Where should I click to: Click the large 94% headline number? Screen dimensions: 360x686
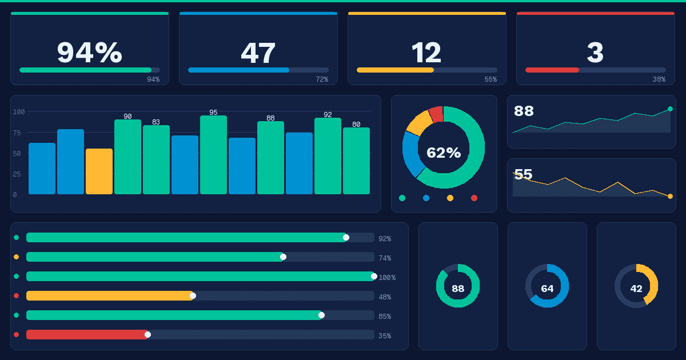89,53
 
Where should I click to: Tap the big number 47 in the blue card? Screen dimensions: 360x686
258,53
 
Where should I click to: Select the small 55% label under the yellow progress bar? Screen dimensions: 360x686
490,79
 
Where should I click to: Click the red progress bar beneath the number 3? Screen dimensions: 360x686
552,70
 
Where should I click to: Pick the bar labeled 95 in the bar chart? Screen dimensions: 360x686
213,154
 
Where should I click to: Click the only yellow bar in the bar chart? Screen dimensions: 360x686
99,171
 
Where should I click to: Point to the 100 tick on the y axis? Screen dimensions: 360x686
19,111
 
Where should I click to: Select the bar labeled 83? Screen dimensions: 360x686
156,160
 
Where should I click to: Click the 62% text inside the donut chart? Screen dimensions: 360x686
444,153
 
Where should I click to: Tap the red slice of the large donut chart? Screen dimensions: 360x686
436,114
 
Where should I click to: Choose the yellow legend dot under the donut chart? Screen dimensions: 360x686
450,198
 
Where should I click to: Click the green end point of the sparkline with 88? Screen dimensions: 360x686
670,109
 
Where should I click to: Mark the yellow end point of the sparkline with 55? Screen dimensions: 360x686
670,196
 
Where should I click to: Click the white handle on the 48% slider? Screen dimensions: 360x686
193,296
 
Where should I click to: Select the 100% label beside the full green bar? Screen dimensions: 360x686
386,278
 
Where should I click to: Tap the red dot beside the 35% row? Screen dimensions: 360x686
16,335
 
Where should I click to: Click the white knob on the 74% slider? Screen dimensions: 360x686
283,257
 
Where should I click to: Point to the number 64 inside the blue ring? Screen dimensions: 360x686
547,289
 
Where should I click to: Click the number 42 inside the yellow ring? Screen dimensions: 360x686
636,289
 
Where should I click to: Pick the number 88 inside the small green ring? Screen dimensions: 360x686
458,289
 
